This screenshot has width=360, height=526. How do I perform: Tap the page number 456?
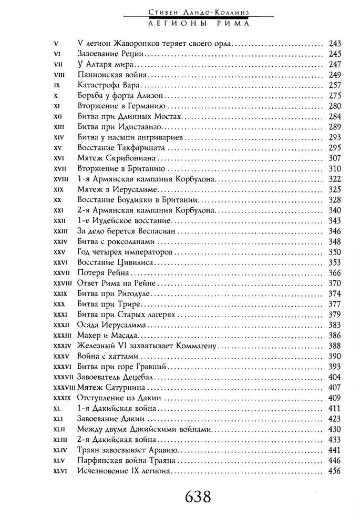point(334,470)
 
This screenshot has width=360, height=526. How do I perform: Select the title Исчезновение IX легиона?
point(126,470)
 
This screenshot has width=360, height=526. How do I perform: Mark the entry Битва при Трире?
point(107,304)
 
